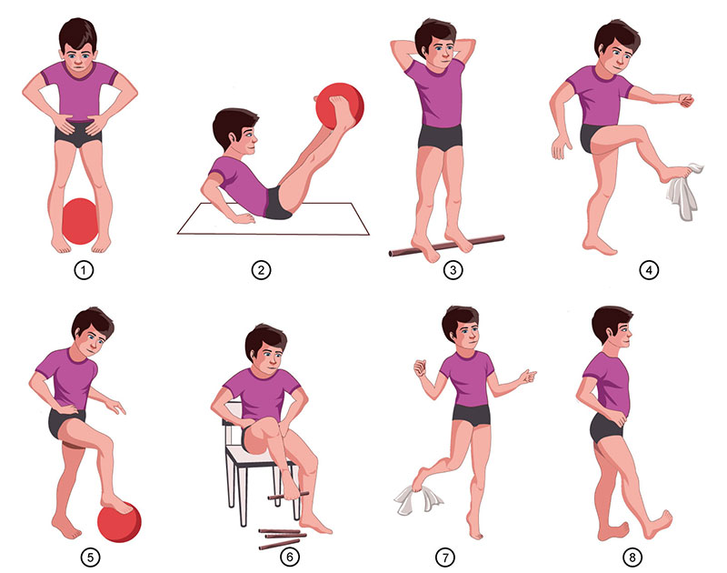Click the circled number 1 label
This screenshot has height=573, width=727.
(x=84, y=270)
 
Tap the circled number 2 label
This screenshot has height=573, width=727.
(x=261, y=270)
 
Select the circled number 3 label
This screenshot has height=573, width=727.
(x=453, y=270)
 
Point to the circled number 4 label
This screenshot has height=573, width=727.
(x=649, y=270)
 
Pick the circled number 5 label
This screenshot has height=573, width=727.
(x=90, y=557)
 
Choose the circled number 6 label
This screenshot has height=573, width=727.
(x=290, y=557)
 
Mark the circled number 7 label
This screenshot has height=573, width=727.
(x=445, y=557)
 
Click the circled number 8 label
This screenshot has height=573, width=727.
(x=632, y=557)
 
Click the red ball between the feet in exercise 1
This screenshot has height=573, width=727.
(x=80, y=221)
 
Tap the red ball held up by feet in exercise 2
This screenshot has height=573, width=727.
(x=340, y=106)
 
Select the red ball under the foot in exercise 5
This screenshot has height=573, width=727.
(x=119, y=522)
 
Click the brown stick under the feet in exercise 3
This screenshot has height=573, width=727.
(x=446, y=245)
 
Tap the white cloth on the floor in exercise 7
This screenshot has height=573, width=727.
(x=417, y=499)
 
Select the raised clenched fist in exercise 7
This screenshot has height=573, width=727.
(x=421, y=368)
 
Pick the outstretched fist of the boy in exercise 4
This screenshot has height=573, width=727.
(x=686, y=100)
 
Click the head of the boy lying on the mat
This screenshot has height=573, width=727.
(x=234, y=130)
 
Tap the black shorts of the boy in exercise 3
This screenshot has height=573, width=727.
(x=440, y=136)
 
